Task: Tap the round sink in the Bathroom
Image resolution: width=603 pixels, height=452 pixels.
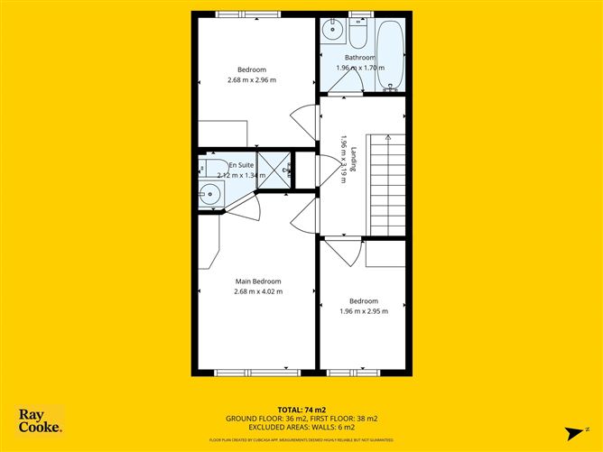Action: [332, 30]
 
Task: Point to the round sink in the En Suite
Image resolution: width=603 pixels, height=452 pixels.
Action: [209, 191]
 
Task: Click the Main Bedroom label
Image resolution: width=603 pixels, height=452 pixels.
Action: [258, 281]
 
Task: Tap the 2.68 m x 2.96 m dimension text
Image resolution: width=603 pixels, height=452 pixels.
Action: [252, 80]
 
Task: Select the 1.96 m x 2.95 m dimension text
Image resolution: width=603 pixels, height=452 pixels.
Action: [364, 311]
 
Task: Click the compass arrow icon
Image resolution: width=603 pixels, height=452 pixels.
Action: [571, 430]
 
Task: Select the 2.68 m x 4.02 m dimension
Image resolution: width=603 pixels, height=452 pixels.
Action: [258, 291]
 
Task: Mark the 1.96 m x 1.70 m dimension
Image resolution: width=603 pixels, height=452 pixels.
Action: [360, 68]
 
